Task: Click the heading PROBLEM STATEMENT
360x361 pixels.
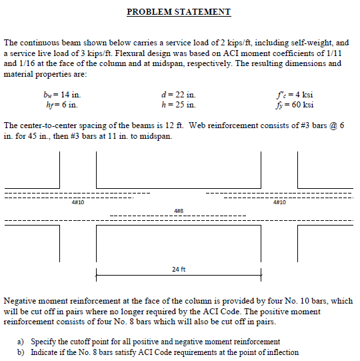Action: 179,12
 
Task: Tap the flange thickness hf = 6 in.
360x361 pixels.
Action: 60,105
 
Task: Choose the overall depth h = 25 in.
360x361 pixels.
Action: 175,105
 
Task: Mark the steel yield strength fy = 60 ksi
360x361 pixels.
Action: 294,105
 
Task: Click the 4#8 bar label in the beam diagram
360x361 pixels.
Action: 178,211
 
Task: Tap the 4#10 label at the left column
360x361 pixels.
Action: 77,202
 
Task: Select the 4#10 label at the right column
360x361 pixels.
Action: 279,202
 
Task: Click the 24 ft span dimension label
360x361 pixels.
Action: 178,270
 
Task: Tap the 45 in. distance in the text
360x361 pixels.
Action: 38,135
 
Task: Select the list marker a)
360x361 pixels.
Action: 21,342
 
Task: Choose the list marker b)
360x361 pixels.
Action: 21,352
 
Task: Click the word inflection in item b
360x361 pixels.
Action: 282,352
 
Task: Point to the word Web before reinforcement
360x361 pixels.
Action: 199,125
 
